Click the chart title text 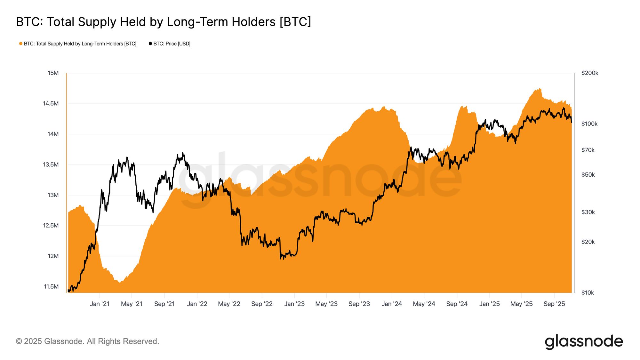tap(164, 22)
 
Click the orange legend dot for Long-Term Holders tap(21, 44)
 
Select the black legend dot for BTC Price tap(150, 44)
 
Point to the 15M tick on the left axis tap(53, 73)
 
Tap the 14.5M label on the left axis tap(51, 103)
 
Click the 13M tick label tap(53, 195)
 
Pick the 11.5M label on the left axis tap(51, 286)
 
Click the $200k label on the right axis tap(590, 73)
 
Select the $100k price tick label tap(589, 124)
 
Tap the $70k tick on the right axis tap(588, 150)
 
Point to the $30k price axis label tap(588, 212)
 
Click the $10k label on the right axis tap(588, 292)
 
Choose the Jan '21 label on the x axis tap(100, 304)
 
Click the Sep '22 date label tap(262, 304)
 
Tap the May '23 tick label tap(326, 304)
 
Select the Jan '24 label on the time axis tap(392, 304)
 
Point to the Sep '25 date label tap(554, 304)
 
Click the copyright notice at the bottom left tap(87, 341)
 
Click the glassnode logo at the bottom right tap(584, 341)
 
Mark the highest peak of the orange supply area tap(540, 89)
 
